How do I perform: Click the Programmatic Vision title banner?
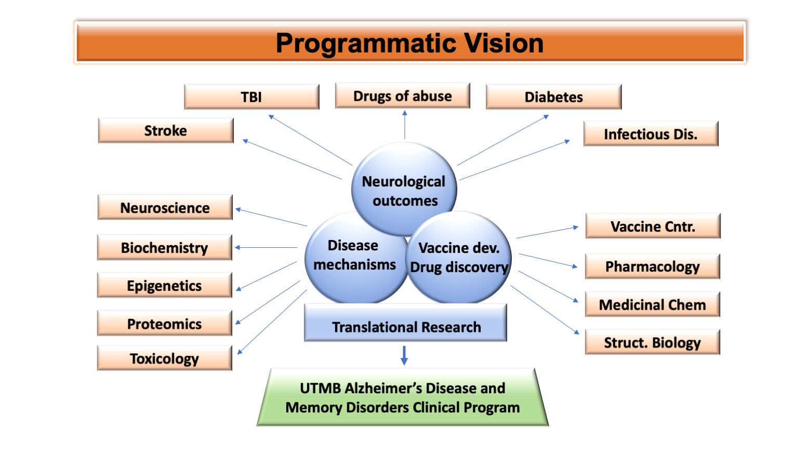409,43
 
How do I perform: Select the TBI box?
251,97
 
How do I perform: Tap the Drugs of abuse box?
402,96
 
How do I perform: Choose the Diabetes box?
553,97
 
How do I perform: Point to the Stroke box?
166,130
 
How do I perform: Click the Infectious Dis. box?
651,134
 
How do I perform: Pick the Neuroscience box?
165,208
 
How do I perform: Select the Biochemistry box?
165,248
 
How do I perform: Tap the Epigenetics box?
165,286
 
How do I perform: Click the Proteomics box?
165,324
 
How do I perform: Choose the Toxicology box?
165,358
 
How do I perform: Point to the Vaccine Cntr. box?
653,226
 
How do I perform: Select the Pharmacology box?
653,266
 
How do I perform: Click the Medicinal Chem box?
653,305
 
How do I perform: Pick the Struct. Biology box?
653,342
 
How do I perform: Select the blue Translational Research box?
406,327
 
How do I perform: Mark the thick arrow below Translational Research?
404,355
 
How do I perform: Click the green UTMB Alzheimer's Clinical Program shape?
403,397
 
